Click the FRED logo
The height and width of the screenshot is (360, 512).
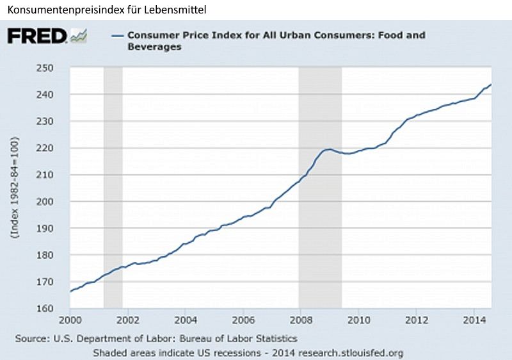pyautogui.click(x=37, y=36)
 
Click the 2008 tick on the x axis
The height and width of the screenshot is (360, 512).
pyautogui.click(x=300, y=319)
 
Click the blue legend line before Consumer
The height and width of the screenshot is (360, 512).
pyautogui.click(x=116, y=36)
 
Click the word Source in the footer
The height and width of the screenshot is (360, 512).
pyautogui.click(x=30, y=338)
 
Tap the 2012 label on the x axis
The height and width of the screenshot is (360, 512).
pyautogui.click(x=417, y=319)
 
